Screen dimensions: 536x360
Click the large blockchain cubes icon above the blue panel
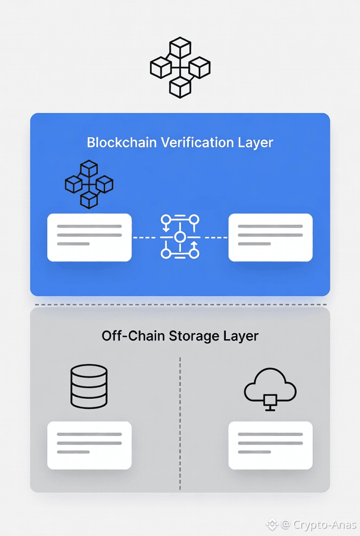click(x=180, y=68)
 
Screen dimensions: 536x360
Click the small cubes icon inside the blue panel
click(x=89, y=184)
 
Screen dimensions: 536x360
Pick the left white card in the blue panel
click(x=90, y=238)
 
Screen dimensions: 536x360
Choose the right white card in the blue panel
click(x=270, y=238)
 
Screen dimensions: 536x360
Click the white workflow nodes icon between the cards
click(x=180, y=237)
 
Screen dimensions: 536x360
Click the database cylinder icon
click(x=89, y=386)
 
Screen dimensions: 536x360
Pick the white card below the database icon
click(x=90, y=446)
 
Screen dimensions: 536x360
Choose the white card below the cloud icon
click(x=270, y=446)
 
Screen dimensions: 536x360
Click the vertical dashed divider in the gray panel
click(x=180, y=422)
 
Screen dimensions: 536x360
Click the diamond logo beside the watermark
click(x=272, y=524)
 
